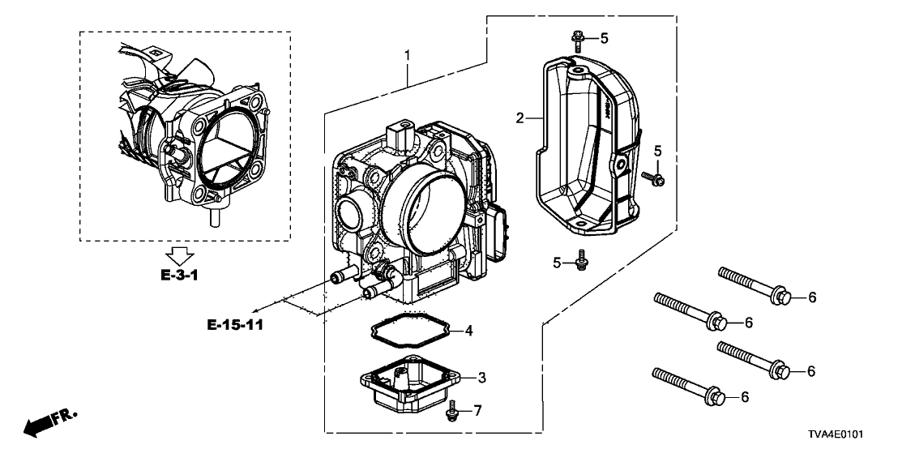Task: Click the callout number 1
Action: tap(408, 56)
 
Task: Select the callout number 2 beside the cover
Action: tap(520, 119)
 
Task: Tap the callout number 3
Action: tap(481, 378)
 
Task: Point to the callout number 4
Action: tap(468, 330)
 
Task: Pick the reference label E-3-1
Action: tap(180, 276)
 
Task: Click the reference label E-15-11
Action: tap(236, 325)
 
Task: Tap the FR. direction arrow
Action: tap(49, 421)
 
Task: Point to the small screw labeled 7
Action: tap(451, 413)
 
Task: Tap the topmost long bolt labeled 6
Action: tap(753, 285)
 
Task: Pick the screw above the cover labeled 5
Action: tap(577, 40)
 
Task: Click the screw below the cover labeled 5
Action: tap(581, 262)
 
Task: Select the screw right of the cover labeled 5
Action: tap(653, 176)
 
